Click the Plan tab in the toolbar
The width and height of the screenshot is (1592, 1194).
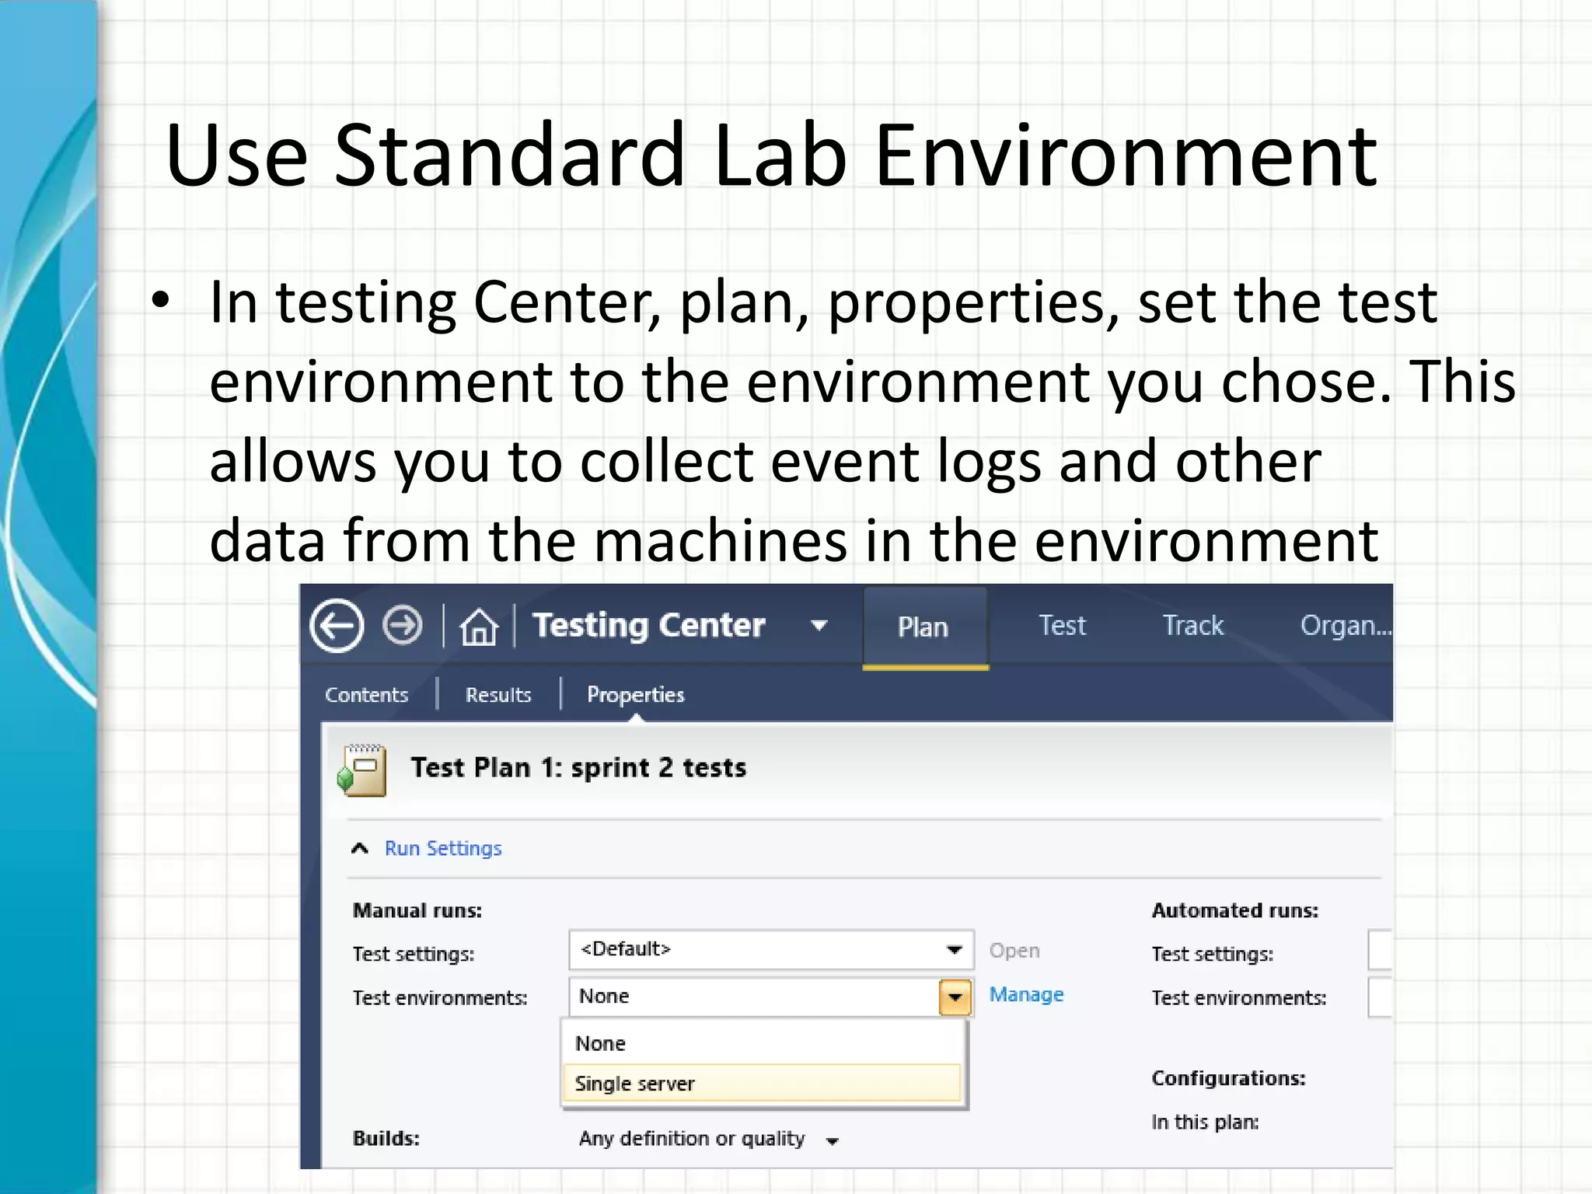[x=923, y=627]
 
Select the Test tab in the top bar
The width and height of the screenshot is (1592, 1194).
[x=1062, y=626]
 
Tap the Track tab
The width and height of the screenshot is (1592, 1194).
[x=1192, y=626]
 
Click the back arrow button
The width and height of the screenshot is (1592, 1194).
[x=337, y=626]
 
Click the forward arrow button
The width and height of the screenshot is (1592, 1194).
[x=403, y=625]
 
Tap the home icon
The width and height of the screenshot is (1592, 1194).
[x=478, y=627]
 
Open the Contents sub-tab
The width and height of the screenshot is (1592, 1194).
[x=366, y=695]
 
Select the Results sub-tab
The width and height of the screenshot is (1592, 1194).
[x=498, y=695]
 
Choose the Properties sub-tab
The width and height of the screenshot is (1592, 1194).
[x=635, y=695]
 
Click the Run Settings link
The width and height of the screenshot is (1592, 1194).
[x=443, y=848]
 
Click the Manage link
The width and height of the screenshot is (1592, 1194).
[x=1026, y=995]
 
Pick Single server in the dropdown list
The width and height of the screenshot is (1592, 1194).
[x=634, y=1084]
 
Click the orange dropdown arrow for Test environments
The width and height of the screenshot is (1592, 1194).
[x=955, y=997]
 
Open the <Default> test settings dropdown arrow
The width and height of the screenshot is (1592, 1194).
[x=955, y=950]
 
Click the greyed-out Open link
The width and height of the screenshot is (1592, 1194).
[x=1014, y=951]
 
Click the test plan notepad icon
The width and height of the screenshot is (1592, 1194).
[x=362, y=770]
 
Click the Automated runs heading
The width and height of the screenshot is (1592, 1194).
[x=1234, y=910]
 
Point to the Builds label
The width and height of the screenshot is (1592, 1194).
[x=386, y=1139]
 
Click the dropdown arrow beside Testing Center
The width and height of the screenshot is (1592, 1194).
[x=819, y=626]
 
